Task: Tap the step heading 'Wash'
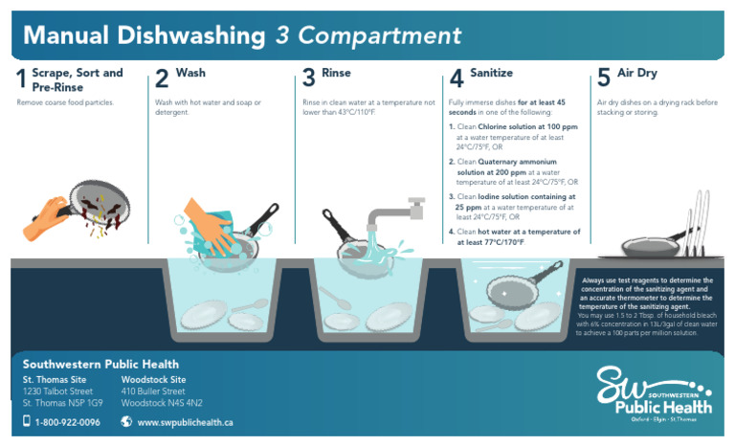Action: tap(190, 73)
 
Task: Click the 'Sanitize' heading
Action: tap(491, 73)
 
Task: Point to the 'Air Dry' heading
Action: tap(636, 73)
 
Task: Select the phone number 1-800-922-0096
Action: tap(67, 422)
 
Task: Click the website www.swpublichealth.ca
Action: tap(185, 422)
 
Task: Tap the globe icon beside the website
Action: tap(126, 421)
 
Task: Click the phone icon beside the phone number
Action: tap(27, 421)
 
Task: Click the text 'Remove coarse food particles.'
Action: tap(65, 101)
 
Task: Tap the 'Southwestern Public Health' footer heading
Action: tap(100, 364)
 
